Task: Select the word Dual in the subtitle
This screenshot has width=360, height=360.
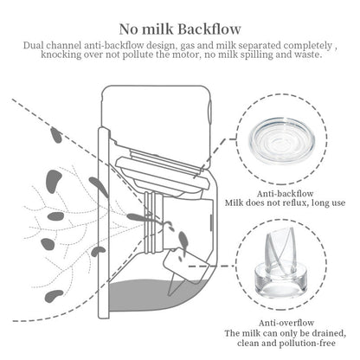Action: coord(35,43)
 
